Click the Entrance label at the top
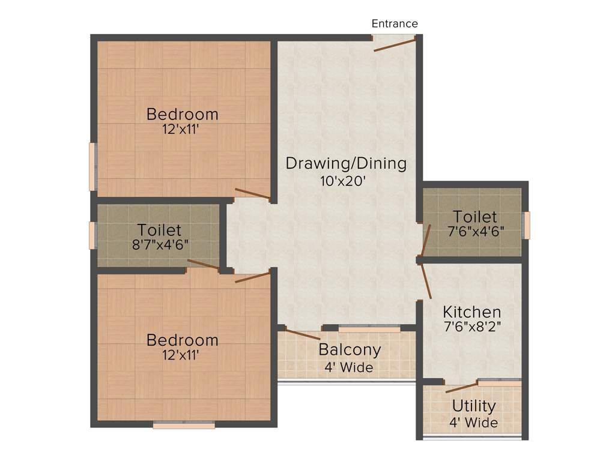click(x=395, y=24)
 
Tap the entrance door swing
click(x=395, y=44)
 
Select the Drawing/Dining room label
click(x=346, y=163)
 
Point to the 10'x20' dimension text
click(x=343, y=181)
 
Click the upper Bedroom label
click(x=183, y=113)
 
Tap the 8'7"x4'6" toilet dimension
click(x=159, y=245)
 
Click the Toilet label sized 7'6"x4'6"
click(x=475, y=216)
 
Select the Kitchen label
click(x=472, y=312)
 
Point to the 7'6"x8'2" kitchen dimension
click(x=472, y=327)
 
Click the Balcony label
click(x=350, y=349)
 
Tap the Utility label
click(x=474, y=406)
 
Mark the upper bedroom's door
click(x=252, y=193)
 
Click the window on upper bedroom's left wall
click(x=92, y=166)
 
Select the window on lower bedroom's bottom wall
click(x=184, y=425)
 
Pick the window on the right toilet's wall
click(x=527, y=225)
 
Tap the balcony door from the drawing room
click(x=303, y=335)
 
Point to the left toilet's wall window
click(x=92, y=235)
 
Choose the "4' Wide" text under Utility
click(x=474, y=423)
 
